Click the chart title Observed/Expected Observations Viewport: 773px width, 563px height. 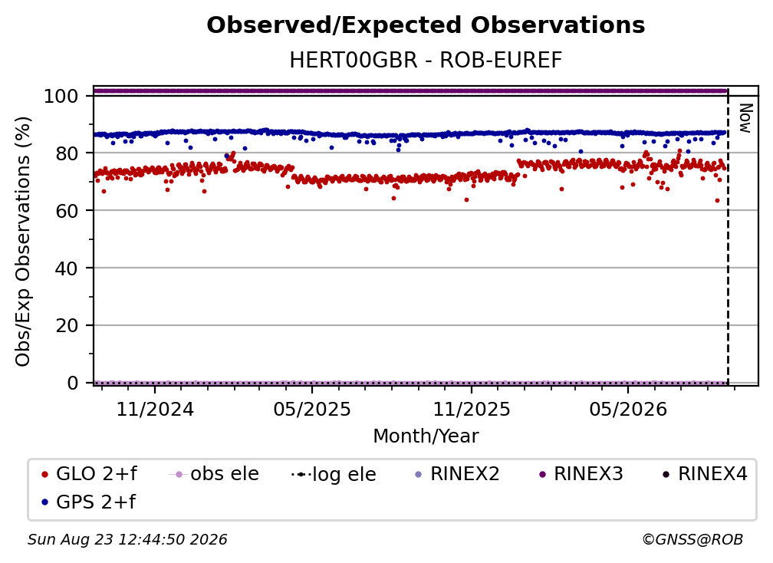[426, 25]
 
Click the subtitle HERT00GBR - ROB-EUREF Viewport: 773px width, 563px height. [426, 61]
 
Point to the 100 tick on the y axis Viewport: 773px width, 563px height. [61, 96]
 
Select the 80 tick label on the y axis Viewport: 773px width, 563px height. [67, 153]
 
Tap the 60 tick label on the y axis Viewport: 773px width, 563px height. [67, 211]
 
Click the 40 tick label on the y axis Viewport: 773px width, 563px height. [67, 268]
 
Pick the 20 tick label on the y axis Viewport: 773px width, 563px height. [67, 326]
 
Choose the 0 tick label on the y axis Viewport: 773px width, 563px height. [72, 383]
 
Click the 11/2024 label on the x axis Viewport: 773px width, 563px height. [155, 409]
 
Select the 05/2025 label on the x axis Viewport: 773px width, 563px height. [311, 409]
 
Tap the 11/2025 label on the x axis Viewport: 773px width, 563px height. [472, 409]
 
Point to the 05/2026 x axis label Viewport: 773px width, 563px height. [627, 409]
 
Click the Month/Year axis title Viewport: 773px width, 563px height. [426, 436]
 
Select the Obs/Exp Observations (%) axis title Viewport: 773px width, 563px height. [23, 242]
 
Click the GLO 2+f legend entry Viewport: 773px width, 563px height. [89, 474]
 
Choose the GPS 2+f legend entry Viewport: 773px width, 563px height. [89, 502]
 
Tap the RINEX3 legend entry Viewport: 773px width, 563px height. [581, 474]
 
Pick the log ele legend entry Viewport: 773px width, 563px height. [334, 475]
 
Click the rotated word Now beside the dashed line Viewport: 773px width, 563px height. [745, 118]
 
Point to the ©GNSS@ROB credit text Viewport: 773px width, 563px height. [692, 540]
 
